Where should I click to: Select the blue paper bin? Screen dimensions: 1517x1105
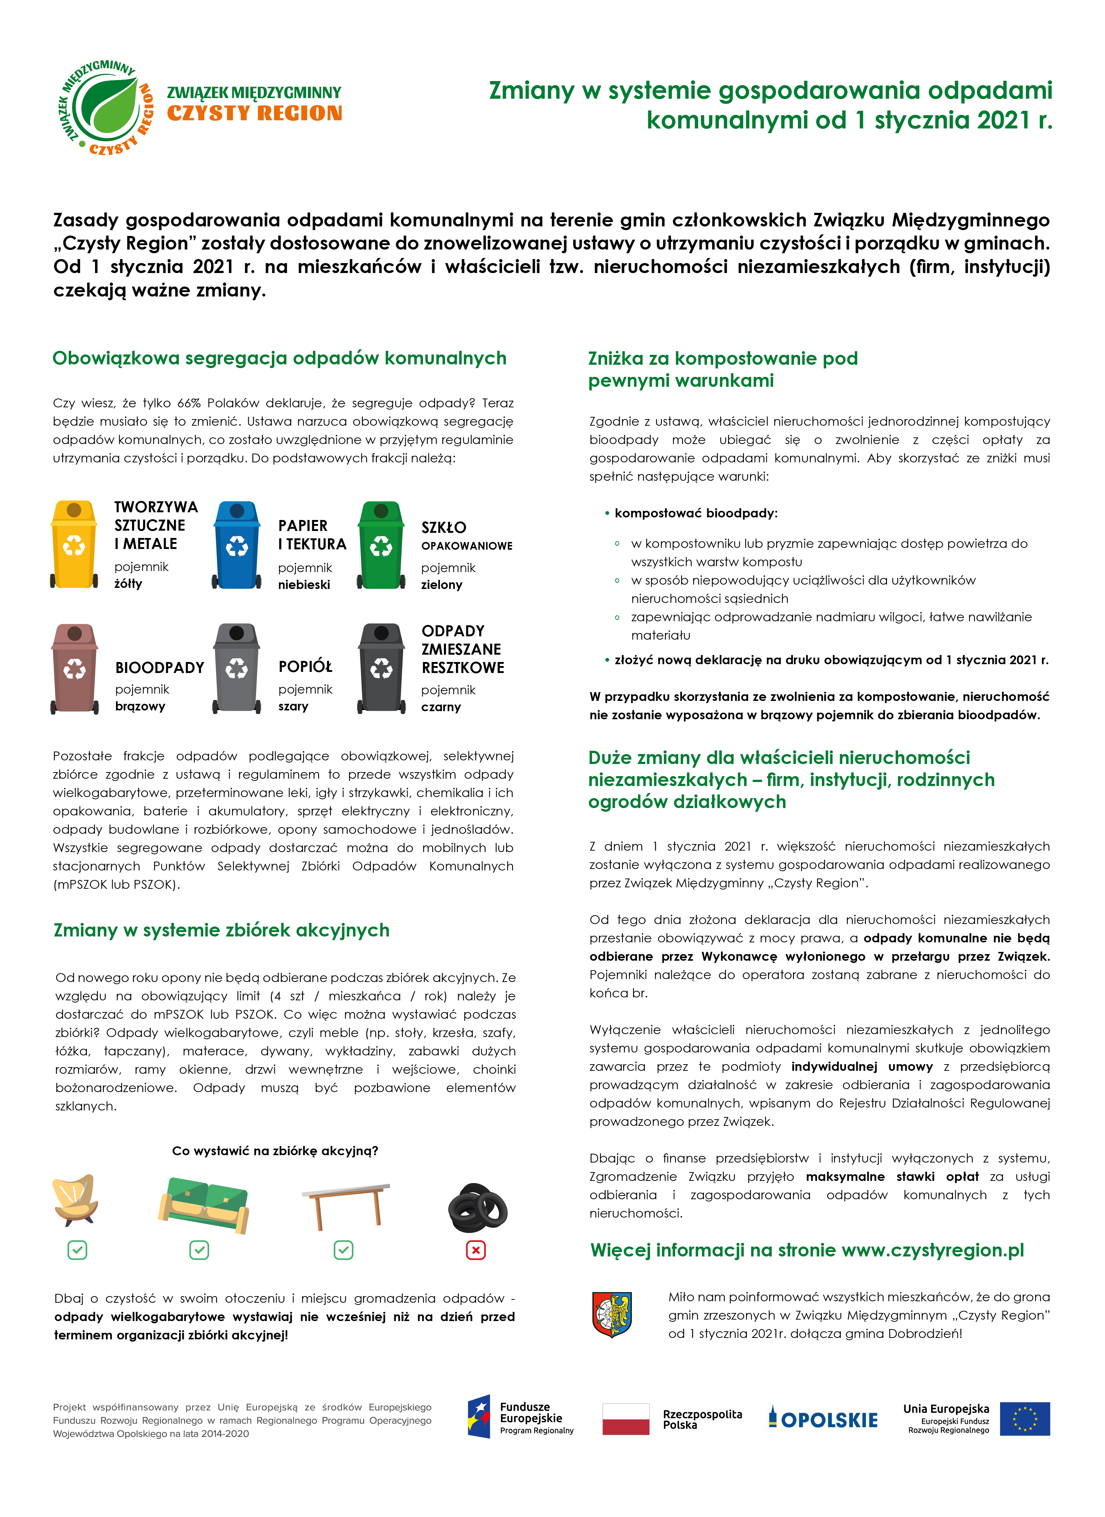click(237, 545)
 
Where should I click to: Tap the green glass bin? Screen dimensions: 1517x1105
click(381, 545)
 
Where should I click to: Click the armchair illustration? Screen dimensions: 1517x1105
click(75, 1199)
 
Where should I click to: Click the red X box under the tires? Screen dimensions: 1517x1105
click(475, 1250)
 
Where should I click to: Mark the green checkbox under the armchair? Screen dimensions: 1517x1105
click(77, 1250)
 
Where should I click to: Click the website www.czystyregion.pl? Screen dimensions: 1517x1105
click(933, 1250)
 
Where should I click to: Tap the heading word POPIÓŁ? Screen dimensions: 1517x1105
click(305, 667)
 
